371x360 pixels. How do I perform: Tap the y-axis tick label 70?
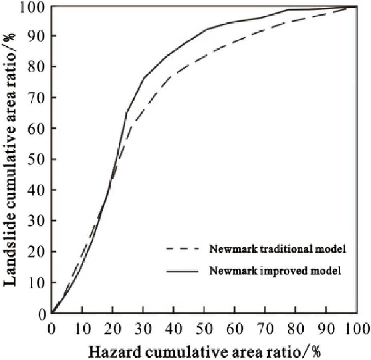37,97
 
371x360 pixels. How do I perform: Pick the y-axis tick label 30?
37,221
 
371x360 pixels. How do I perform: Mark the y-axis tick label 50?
37,159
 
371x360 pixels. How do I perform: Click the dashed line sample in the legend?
182,249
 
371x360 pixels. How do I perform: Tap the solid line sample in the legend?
182,271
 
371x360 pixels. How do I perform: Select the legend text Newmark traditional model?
277,249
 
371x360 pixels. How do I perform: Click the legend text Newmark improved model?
275,271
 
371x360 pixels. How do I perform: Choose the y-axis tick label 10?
37,282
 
